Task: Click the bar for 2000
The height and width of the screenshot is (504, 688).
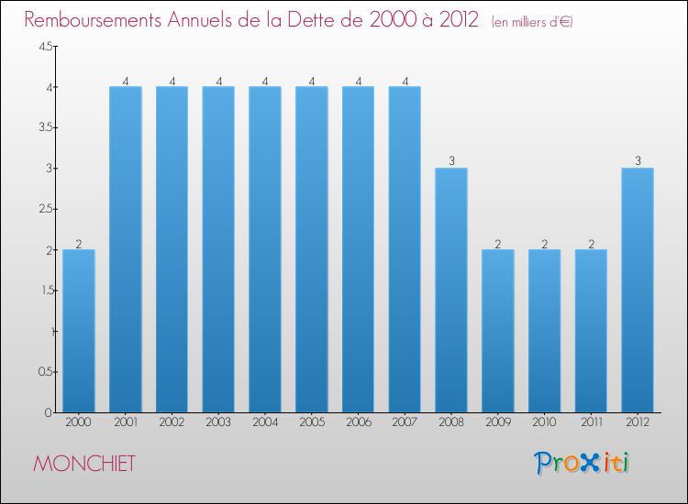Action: coord(79,331)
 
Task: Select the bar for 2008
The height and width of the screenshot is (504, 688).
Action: coord(451,290)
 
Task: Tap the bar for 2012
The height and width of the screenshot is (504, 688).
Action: coord(638,290)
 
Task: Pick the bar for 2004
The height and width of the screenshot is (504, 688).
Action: coord(265,249)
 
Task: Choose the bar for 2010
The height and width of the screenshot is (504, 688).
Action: coord(544,331)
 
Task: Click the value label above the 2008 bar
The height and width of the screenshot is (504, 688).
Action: coord(451,161)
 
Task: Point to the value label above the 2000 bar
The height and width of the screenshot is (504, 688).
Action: coord(79,243)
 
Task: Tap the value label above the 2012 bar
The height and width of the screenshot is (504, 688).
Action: coord(638,161)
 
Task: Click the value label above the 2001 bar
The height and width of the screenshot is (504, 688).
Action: coord(126,81)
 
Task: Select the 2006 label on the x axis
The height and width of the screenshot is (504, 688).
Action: coord(358,422)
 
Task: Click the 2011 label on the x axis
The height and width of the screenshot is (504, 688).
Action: coord(591,422)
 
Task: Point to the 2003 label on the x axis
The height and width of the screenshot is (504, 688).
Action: coord(218,422)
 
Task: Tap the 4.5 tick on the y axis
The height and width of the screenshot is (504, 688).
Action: coord(45,47)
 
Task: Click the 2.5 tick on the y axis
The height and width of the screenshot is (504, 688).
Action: coord(45,209)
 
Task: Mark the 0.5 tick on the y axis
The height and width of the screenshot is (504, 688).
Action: coord(44,372)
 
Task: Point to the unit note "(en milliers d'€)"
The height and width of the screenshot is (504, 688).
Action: coord(532,21)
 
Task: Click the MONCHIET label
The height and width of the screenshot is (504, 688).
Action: coord(84,464)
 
